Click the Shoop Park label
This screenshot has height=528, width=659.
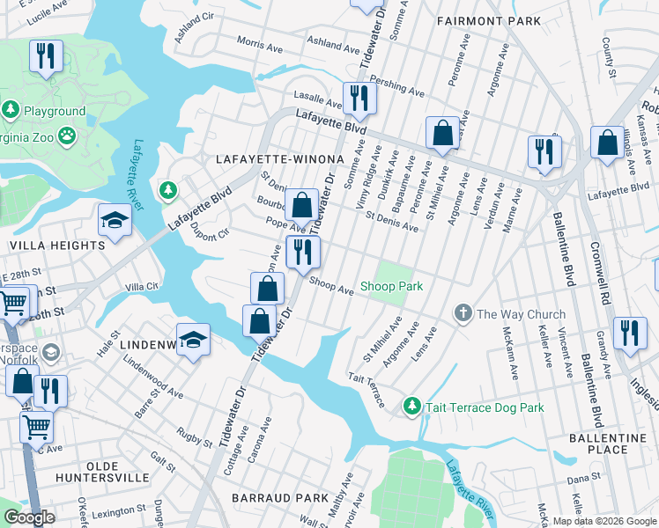click(391, 287)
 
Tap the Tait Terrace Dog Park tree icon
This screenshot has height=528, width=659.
click(411, 407)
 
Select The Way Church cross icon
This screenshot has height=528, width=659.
click(463, 313)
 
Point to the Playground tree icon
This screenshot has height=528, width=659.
click(11, 111)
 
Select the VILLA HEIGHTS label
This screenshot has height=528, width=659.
click(57, 246)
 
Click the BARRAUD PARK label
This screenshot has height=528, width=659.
click(279, 498)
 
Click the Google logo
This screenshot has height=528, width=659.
click(29, 517)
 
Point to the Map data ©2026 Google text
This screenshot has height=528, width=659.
click(603, 521)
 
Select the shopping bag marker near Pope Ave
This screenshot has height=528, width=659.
click(301, 206)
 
